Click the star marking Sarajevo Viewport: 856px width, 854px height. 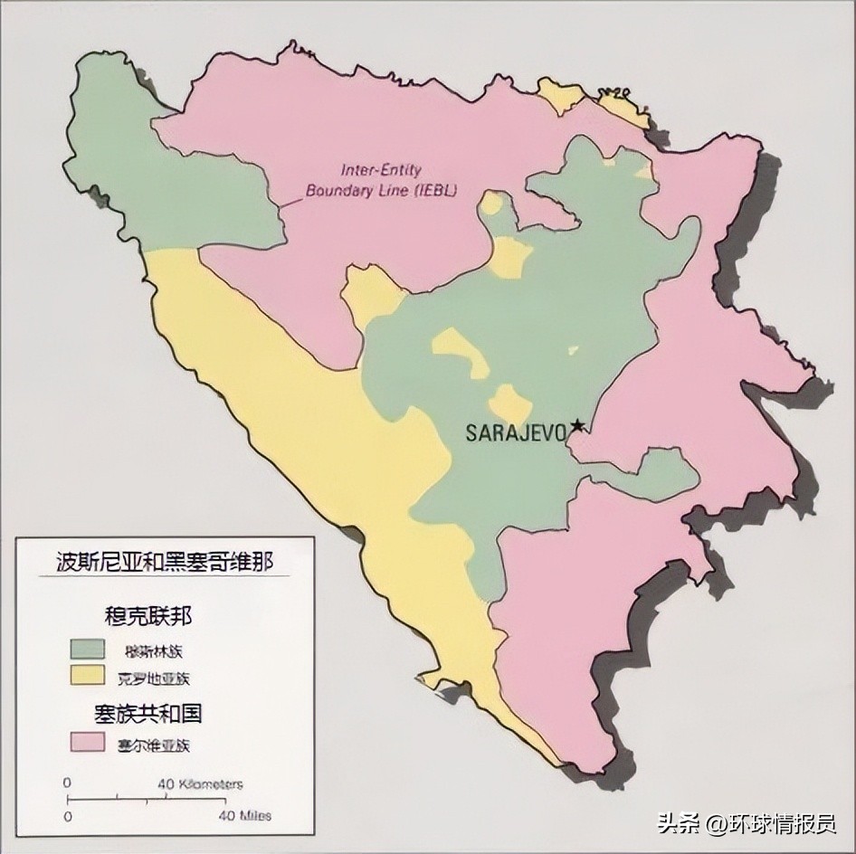pos(576,425)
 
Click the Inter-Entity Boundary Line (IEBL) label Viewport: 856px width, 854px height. pos(382,180)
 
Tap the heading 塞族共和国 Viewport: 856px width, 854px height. pos(148,714)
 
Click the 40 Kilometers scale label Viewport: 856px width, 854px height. pos(200,783)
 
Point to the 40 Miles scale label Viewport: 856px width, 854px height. pos(243,816)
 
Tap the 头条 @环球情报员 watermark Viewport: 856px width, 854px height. pos(746,824)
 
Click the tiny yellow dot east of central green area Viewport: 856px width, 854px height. pos(573,349)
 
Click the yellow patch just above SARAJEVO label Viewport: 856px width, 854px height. pos(510,404)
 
